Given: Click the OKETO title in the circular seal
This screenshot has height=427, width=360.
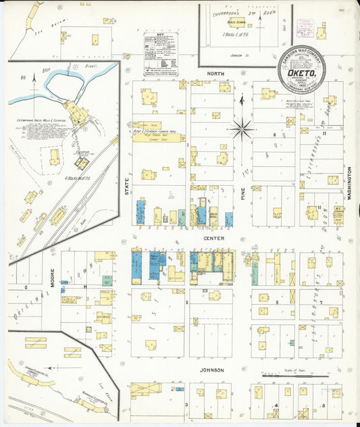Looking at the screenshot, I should click(301, 68).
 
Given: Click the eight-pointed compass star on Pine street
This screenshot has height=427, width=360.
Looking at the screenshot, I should click(242, 127).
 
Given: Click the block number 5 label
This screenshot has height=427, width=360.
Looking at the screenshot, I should click(278, 303).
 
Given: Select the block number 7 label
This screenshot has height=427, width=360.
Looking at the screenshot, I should click(322, 303).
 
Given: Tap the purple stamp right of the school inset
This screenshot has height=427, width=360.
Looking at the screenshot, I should click(307, 27).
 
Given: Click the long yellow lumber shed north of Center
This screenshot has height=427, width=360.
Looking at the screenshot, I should click(158, 137).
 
